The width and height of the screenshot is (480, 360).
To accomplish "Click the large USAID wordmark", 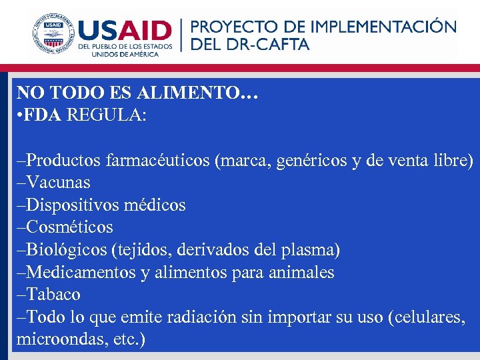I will (x=125, y=29).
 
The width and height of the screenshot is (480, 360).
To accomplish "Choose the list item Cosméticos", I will (x=69, y=227).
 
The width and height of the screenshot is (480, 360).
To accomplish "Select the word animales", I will (x=303, y=272).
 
